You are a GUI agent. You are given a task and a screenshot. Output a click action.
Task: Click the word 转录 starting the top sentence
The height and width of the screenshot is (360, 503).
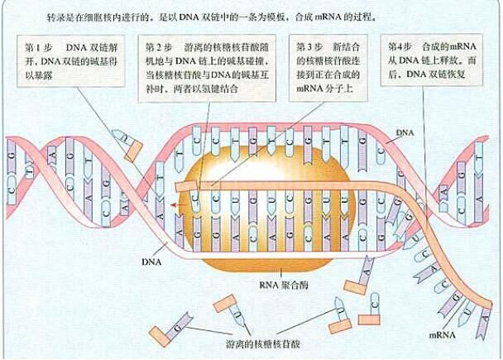pos(57,16)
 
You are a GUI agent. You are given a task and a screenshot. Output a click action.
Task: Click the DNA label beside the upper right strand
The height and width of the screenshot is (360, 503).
pos(406,132)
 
